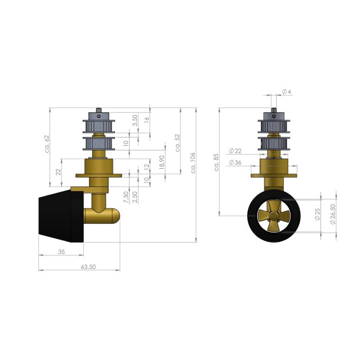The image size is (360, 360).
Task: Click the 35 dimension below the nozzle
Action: pyautogui.click(x=61, y=251)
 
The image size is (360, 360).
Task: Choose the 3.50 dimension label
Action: pyautogui.click(x=135, y=121)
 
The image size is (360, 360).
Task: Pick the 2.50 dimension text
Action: pyautogui.click(x=135, y=197)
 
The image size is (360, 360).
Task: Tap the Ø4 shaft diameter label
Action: pyautogui.click(x=287, y=91)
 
